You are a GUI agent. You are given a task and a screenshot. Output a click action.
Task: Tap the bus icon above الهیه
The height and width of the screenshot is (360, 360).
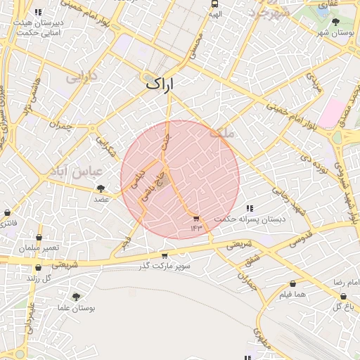[x=214, y=4]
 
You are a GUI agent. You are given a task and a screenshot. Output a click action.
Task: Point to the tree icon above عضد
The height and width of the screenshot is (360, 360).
[x=101, y=188]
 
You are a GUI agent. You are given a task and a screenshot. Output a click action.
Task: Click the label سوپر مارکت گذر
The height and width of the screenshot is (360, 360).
[x=165, y=266]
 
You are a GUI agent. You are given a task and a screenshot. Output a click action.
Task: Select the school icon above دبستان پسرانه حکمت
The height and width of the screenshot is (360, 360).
[x=250, y=208]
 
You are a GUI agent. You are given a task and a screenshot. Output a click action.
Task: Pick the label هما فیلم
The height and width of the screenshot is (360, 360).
[x=290, y=294]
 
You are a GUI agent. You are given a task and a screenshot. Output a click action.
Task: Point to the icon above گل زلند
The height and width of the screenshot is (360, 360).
[x=39, y=267]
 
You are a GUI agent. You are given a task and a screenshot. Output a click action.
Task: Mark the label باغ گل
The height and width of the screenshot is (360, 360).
[x=342, y=307]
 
